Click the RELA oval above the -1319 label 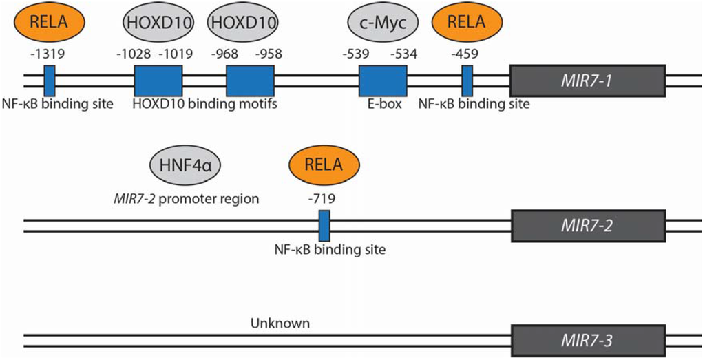[x=49, y=22]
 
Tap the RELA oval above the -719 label [x=324, y=165]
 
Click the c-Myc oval [x=382, y=22]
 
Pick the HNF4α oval [x=183, y=165]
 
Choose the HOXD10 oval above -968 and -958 [x=244, y=22]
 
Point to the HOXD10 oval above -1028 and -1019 [x=158, y=22]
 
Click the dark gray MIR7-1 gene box [x=587, y=81]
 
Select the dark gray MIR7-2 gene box [x=587, y=225]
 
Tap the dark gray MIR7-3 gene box [x=587, y=340]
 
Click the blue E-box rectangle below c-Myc [x=382, y=81]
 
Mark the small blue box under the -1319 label [x=50, y=81]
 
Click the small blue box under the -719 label [x=324, y=225]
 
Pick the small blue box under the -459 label [x=467, y=81]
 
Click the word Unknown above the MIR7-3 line [x=280, y=323]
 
